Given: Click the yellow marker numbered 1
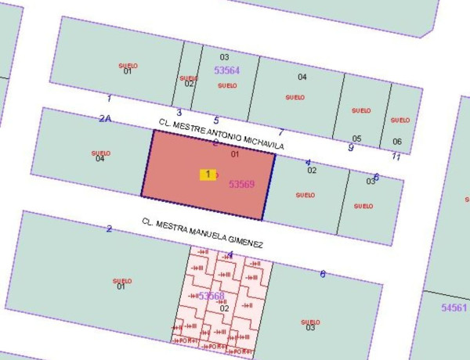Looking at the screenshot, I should pos(208,175).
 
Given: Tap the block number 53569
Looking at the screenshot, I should pos(243,185).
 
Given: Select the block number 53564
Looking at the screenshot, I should pos(227,70).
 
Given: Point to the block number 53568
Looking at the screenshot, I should pos(211,296).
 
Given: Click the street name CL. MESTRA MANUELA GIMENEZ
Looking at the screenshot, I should pos(202,233).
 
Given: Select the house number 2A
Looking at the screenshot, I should pos(105,118).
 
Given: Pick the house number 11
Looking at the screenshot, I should pos(396,157).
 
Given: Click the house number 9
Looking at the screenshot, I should pos(350,147).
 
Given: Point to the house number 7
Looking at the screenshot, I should pos(280,132).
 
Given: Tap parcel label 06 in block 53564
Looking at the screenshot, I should pos(397,142).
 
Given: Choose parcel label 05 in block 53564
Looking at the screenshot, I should pos(356,139).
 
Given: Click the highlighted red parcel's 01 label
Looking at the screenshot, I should pos(234,154).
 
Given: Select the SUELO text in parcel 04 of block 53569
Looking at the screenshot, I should pos(100,153).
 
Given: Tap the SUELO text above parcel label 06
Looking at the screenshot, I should pos(400,120).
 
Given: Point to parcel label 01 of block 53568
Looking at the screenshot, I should pos(121,286).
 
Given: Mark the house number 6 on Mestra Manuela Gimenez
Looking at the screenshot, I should pos(322,273).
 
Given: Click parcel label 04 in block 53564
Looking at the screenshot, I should pos(302,77).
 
